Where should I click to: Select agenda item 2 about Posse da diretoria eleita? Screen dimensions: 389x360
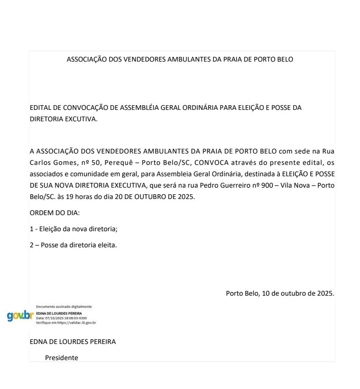(73, 246)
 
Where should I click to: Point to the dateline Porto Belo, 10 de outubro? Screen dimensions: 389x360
(280, 293)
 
